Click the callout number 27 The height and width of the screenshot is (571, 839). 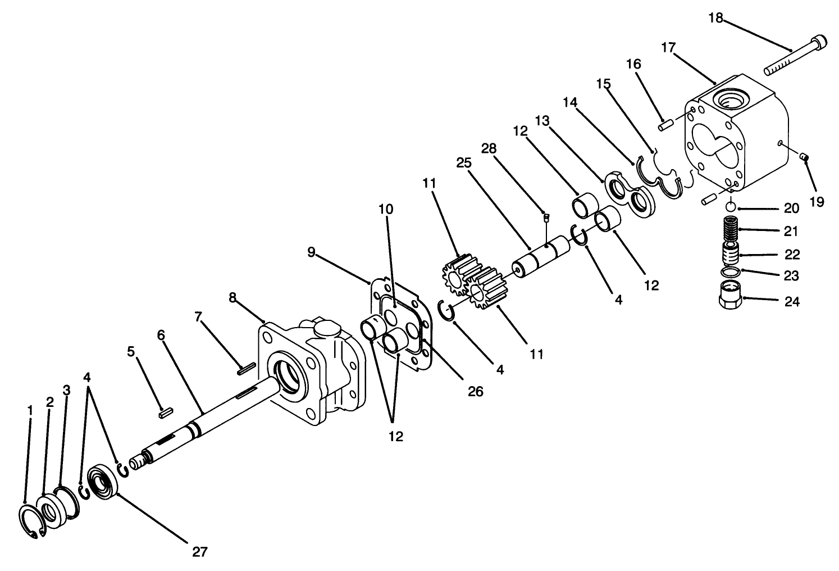click(x=200, y=551)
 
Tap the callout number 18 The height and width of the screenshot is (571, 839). click(x=715, y=17)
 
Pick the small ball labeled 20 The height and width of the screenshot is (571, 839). click(x=731, y=207)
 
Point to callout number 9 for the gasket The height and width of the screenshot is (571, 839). click(x=312, y=252)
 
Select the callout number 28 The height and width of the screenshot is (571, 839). click(x=489, y=148)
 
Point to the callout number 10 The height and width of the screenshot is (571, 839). click(x=386, y=209)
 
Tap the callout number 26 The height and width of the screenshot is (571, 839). click(x=476, y=391)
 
